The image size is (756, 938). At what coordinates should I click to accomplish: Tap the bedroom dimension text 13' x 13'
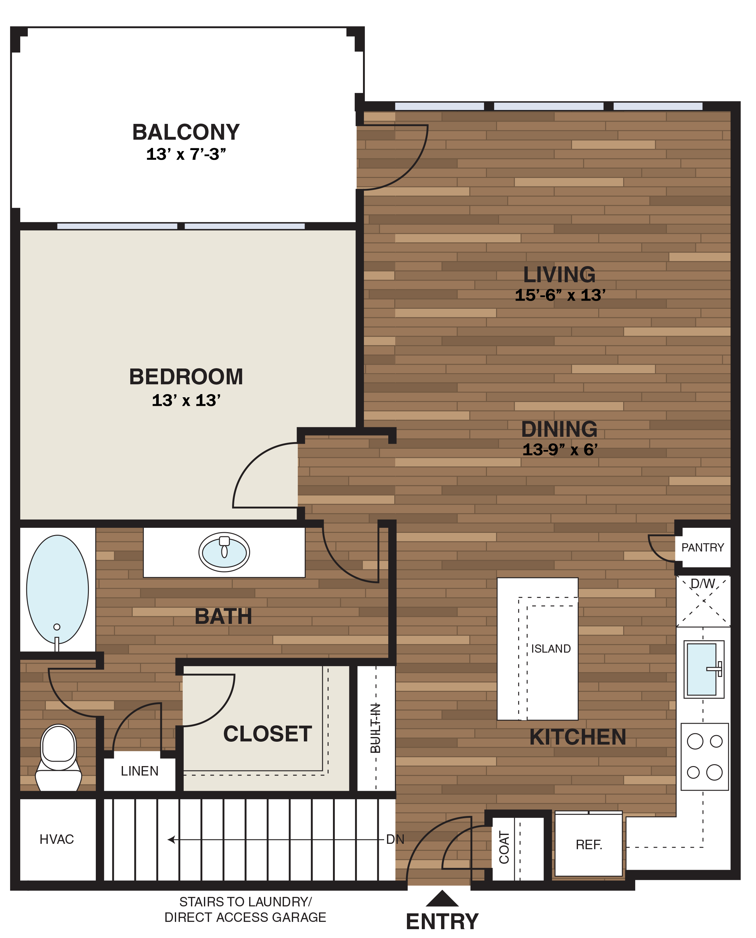click(x=186, y=400)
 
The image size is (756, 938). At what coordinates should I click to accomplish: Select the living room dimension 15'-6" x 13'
click(x=560, y=295)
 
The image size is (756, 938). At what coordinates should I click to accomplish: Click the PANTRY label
click(x=703, y=548)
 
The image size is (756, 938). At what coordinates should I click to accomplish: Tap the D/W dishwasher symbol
click(x=703, y=601)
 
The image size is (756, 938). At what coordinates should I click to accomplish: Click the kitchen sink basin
click(x=701, y=669)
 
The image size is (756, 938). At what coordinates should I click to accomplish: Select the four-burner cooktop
click(x=704, y=757)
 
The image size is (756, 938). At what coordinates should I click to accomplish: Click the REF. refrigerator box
click(x=588, y=845)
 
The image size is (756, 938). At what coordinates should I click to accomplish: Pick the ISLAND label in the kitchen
click(x=550, y=649)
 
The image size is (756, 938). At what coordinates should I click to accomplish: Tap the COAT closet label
click(x=504, y=847)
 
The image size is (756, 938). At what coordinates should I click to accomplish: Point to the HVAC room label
click(x=57, y=839)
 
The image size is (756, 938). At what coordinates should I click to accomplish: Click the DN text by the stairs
click(x=395, y=839)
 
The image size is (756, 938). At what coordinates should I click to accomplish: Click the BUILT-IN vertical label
click(x=375, y=728)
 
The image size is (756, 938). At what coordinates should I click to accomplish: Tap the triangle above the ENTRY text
click(x=442, y=898)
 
